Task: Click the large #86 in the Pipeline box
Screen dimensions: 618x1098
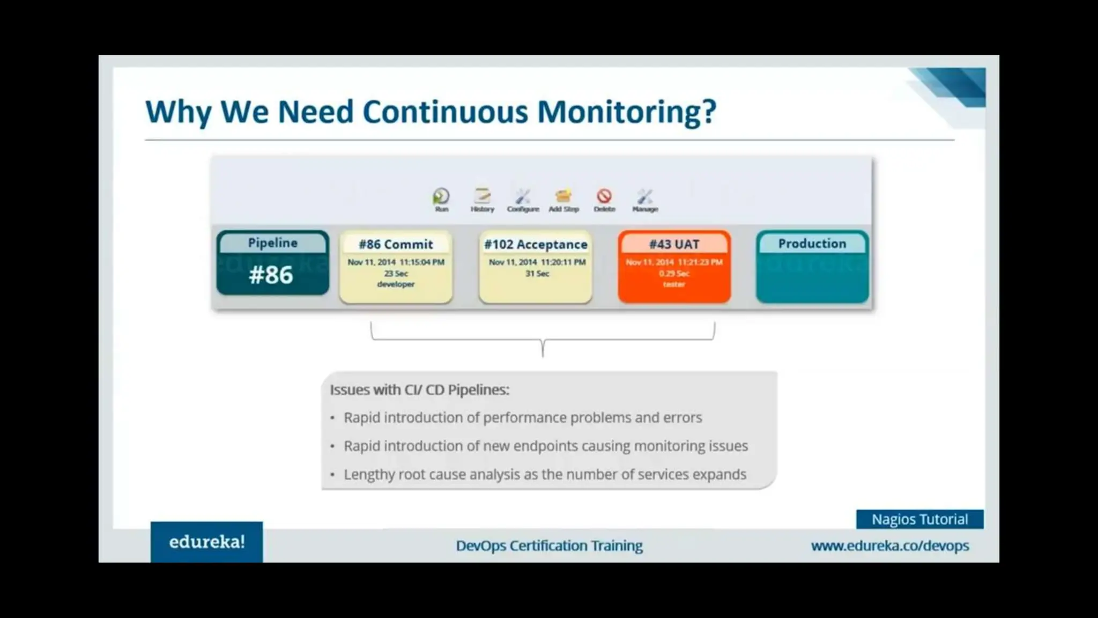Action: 271,275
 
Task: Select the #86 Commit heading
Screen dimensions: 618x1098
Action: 396,245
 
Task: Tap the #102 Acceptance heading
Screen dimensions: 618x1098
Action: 536,245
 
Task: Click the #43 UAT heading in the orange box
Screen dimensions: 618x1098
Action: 674,245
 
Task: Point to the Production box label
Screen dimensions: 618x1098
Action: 812,244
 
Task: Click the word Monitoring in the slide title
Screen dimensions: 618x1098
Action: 626,112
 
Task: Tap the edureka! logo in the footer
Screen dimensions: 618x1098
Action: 207,542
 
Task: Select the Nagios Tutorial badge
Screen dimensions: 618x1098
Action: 919,519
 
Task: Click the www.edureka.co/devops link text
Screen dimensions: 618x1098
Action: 889,546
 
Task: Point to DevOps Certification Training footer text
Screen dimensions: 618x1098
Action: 549,546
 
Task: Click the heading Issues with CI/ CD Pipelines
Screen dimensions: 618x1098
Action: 419,390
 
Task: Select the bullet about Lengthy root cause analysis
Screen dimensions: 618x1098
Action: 545,475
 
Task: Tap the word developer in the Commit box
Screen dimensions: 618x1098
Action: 396,284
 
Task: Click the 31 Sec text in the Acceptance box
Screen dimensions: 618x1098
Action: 537,274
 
